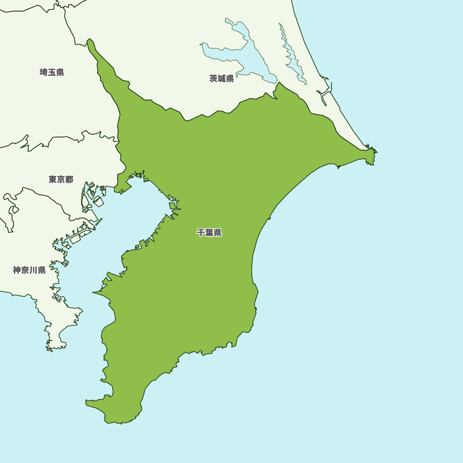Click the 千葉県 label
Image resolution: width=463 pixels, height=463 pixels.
209,233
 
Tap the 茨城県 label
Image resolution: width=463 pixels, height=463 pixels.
222,79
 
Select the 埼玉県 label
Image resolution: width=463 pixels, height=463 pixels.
52,72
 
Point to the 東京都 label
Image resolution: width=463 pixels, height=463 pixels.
61,179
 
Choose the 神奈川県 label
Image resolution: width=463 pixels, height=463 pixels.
29,270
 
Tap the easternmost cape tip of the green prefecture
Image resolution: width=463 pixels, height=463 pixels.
376,151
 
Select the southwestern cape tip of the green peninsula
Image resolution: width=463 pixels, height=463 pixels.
87,402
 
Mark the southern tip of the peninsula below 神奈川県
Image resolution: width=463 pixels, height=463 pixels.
50,348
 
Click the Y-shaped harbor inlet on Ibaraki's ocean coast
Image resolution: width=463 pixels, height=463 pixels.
324,95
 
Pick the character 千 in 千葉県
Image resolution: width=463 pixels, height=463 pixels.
201,233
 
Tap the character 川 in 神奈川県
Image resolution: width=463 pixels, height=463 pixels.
33,270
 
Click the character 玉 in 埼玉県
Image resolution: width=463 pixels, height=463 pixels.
52,72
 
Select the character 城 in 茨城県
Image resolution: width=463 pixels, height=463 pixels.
222,79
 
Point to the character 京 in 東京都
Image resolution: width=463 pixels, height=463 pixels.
61,179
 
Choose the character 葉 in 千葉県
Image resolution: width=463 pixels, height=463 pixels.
209,233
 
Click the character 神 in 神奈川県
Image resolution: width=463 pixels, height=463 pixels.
17,270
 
